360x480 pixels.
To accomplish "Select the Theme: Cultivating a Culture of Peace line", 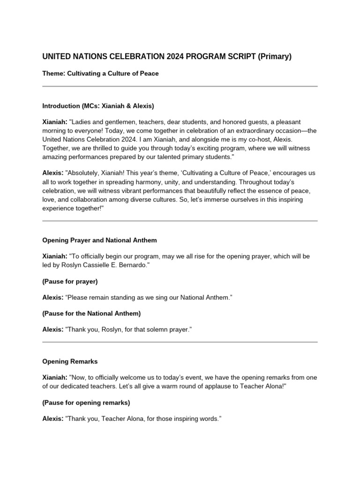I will click(x=100, y=74).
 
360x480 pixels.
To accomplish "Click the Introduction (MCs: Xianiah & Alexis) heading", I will click(x=98, y=105).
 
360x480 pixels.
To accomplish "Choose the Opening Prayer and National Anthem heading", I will click(x=99, y=240).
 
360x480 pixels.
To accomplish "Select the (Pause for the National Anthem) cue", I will click(x=91, y=313).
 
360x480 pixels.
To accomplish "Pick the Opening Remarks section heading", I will click(x=70, y=361).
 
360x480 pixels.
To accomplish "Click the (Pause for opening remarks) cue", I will click(x=86, y=403).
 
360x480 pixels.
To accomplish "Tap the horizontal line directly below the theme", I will click(x=180, y=86).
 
